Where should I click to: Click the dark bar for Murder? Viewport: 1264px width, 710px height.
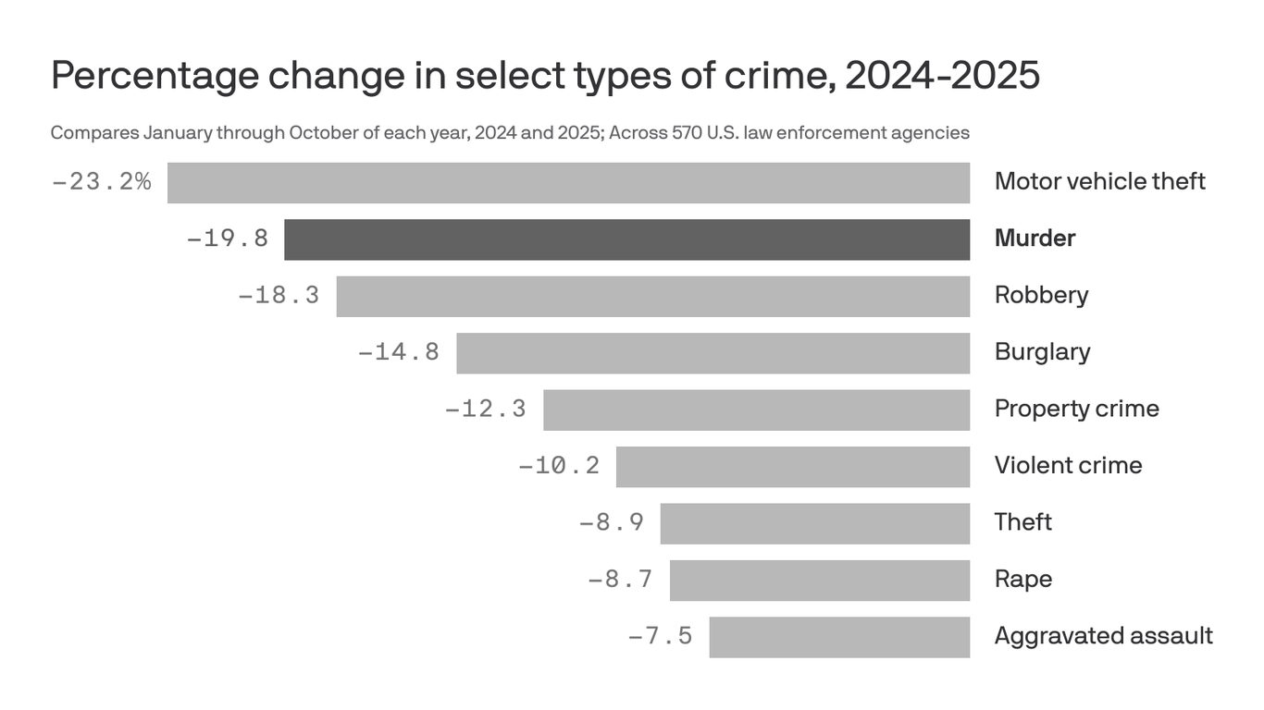pos(626,239)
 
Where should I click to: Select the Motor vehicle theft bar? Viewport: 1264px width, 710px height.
pos(568,182)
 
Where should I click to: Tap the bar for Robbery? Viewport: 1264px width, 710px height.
pos(652,296)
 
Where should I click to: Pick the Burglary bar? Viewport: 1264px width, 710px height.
pos(713,353)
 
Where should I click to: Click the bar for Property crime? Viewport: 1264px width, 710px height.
pos(756,410)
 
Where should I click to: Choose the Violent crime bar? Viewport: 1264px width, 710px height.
pos(792,467)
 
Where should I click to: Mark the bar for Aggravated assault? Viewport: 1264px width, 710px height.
pos(839,637)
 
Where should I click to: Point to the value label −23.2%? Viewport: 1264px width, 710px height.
pos(102,181)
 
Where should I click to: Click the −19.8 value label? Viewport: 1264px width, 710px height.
pos(228,239)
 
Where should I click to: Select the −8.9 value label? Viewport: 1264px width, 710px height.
pos(612,523)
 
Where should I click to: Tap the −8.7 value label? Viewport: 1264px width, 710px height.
pos(621,580)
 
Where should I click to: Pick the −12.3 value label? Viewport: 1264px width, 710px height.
pos(486,409)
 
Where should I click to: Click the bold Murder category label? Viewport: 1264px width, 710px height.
pos(1035,239)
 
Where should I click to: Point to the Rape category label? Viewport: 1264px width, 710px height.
pos(1022,580)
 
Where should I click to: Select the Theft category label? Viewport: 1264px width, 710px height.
pos(1022,522)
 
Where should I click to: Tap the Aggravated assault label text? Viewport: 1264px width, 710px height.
pos(1103,636)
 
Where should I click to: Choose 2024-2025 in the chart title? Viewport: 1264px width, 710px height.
pos(942,76)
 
